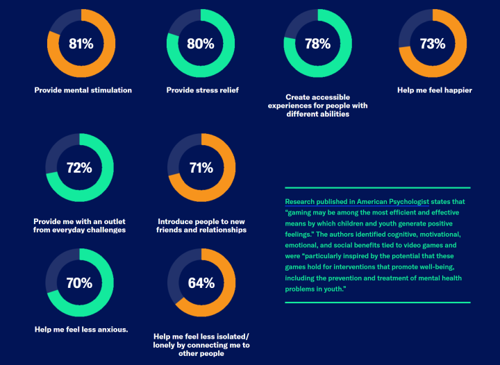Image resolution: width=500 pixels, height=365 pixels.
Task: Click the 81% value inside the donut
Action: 81,44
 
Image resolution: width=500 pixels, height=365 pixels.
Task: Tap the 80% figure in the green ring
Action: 200,44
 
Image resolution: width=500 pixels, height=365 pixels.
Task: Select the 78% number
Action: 317,44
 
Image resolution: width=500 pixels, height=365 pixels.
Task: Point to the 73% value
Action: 433,44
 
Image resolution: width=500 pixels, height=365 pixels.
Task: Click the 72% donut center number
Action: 79,167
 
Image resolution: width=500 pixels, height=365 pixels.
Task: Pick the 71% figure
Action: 201,167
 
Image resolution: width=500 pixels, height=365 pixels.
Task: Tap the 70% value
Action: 79,282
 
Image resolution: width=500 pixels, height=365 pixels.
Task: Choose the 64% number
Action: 201,282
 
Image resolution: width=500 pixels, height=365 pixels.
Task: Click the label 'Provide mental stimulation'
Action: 83,90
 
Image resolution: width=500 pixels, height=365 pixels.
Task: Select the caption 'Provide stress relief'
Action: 202,90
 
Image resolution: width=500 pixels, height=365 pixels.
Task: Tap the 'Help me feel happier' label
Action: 433,90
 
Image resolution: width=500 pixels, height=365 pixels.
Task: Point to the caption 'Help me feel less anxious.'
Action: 81,329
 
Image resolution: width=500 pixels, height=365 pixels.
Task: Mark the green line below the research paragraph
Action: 378,302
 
